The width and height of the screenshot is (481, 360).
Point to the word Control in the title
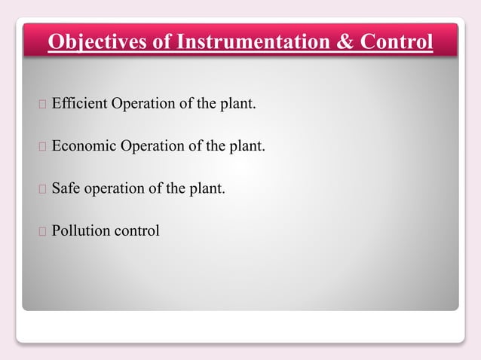[397, 41]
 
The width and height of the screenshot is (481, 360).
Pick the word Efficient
[79, 102]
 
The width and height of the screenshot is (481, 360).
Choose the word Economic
[84, 145]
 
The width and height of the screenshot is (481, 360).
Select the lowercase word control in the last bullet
[136, 230]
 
